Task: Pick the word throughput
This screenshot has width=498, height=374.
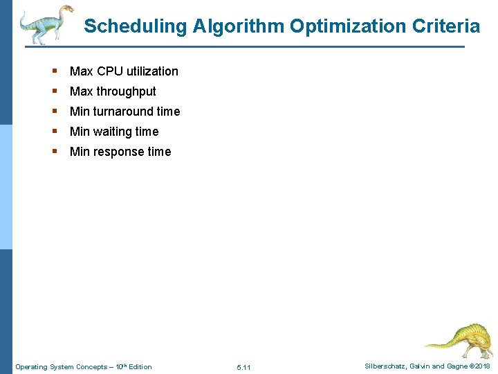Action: click(x=127, y=91)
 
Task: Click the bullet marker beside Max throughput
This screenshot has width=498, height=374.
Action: click(x=54, y=91)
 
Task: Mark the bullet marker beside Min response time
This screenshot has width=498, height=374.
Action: click(x=54, y=152)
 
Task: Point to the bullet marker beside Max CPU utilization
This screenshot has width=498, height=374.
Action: click(x=54, y=71)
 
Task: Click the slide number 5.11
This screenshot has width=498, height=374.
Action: click(x=243, y=367)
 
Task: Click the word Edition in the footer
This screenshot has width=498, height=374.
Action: click(x=140, y=366)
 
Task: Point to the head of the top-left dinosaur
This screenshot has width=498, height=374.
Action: click(x=65, y=10)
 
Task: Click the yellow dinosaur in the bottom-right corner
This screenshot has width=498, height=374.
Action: click(x=459, y=339)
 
